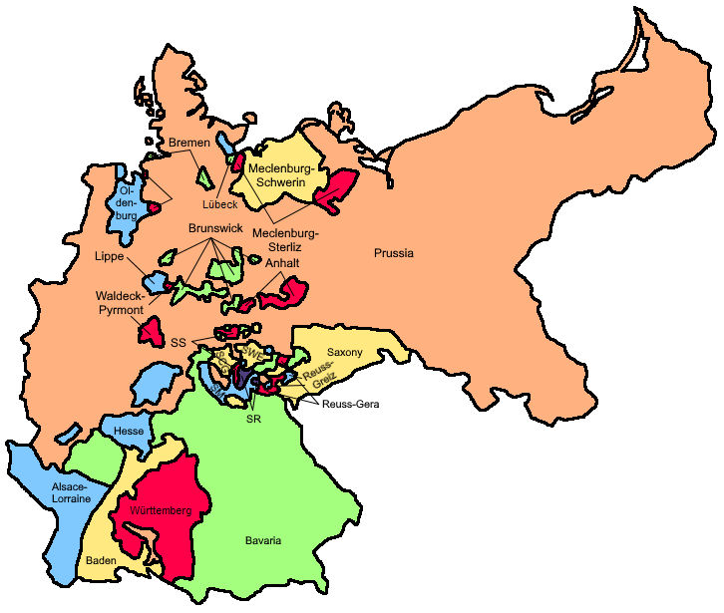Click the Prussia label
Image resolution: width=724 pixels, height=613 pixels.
[x=394, y=253]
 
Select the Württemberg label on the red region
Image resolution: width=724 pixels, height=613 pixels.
[x=153, y=510]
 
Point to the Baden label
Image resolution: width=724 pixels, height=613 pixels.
[x=101, y=561]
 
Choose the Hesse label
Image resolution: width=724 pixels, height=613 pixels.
[x=130, y=430]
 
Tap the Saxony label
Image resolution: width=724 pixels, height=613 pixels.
[x=344, y=353]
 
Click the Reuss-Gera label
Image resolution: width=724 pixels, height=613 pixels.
[x=351, y=404]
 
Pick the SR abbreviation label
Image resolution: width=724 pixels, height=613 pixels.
[x=253, y=420]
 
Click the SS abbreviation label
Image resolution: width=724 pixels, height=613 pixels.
[x=179, y=343]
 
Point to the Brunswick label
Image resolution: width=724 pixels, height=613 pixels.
[x=215, y=229]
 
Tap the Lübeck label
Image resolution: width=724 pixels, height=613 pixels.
[x=219, y=204]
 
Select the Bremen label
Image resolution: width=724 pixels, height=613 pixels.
[x=188, y=144]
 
